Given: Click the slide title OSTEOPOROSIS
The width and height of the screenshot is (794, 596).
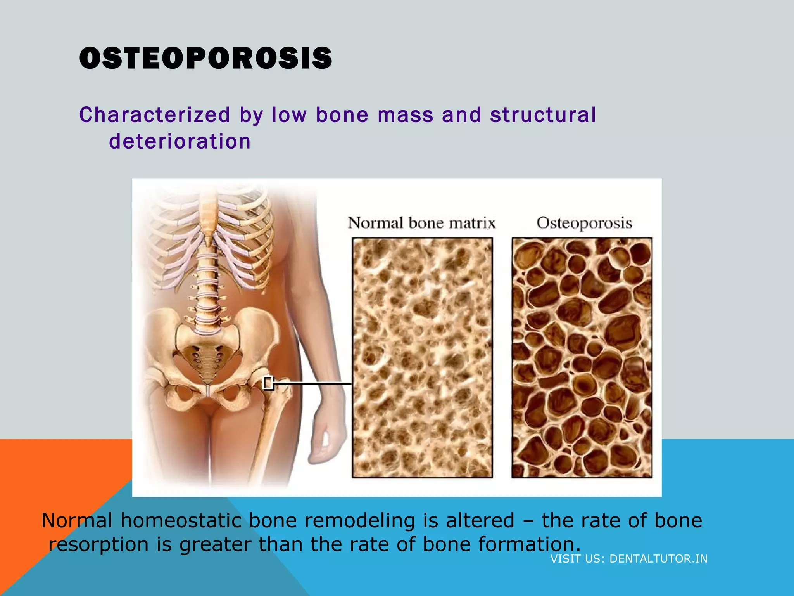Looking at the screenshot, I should pos(205,58).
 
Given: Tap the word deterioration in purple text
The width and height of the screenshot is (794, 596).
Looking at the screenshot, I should pos(180,141).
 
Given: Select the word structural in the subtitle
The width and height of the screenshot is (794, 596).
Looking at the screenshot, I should pos(543,115).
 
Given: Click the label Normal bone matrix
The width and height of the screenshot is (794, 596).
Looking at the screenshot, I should pos(421,223).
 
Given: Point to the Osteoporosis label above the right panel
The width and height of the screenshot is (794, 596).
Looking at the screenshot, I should pos(584,223).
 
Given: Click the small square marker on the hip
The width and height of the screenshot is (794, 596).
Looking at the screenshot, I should pos(268,383).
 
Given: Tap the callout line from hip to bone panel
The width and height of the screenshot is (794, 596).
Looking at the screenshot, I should pos(312,383).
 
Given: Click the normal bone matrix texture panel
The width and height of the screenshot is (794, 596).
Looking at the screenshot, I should pos(422,357).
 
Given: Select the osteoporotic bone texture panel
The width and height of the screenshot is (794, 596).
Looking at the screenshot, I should pos(582,357).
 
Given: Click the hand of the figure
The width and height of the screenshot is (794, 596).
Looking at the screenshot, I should pos(328,442).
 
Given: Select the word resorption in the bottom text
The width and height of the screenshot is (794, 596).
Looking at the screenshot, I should pos(98,544).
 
